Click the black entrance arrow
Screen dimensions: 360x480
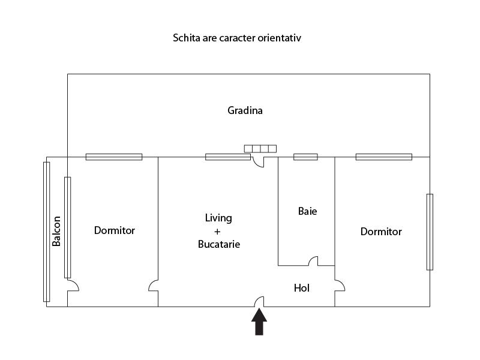pyautogui.click(x=259, y=322)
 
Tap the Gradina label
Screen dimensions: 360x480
pyautogui.click(x=245, y=110)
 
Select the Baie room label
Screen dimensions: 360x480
pyautogui.click(x=307, y=211)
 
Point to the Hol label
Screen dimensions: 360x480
pyautogui.click(x=302, y=288)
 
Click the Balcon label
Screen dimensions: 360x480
pyautogui.click(x=56, y=231)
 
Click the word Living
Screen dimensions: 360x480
pyautogui.click(x=218, y=218)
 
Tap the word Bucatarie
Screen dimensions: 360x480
pyautogui.click(x=219, y=244)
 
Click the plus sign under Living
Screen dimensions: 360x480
pyautogui.click(x=218, y=231)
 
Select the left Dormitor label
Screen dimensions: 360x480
pyautogui.click(x=115, y=230)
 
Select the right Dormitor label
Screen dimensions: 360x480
pyautogui.click(x=381, y=232)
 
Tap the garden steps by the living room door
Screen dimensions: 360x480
pyautogui.click(x=260, y=148)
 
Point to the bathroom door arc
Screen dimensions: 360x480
pyautogui.click(x=313, y=261)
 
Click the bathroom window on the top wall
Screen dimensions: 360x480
pyautogui.click(x=305, y=157)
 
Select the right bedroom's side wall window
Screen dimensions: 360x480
pyautogui.click(x=430, y=232)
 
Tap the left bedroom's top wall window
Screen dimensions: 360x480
pyautogui.click(x=114, y=157)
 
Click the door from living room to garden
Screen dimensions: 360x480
pyautogui.click(x=260, y=161)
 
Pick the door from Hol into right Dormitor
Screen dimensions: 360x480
pyautogui.click(x=340, y=286)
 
